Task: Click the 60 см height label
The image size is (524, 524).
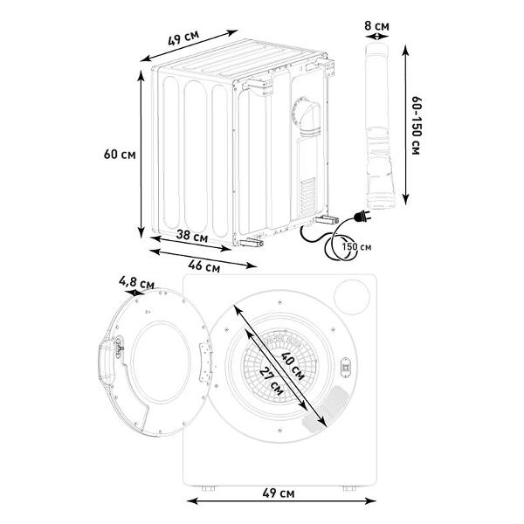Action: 120,155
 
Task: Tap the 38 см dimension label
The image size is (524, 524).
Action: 192,236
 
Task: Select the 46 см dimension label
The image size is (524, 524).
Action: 204,266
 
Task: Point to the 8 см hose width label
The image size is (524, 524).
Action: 376,25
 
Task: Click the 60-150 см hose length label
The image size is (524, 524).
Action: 417,126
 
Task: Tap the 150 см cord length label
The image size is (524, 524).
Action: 356,247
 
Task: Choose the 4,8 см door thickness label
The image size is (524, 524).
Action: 137,283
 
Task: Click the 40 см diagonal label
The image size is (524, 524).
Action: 293,366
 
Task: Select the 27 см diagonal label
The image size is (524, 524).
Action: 272,381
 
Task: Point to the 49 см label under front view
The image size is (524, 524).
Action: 279,493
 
